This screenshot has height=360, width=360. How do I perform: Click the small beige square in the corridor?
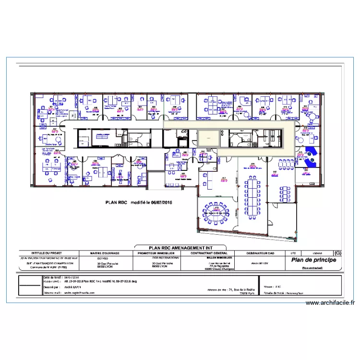[x=208, y=138]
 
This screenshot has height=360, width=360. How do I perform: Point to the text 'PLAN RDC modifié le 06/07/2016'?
[x=138, y=203]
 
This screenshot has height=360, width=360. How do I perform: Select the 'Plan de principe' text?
[x=313, y=260]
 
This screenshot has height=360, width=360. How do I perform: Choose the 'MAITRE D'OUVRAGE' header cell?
[x=105, y=252]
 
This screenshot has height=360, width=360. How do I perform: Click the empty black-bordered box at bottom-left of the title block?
[x=30, y=287]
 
